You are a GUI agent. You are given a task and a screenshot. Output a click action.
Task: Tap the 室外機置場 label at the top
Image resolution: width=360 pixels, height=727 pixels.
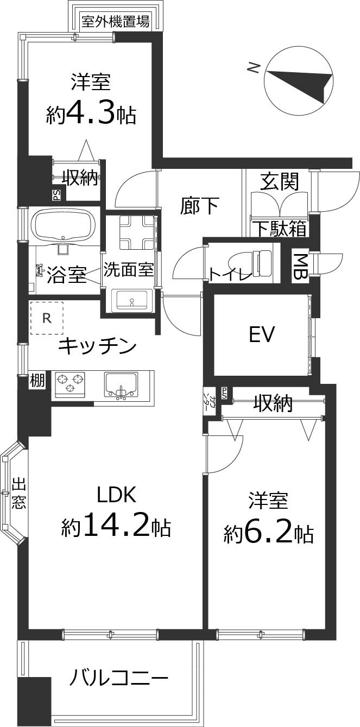[115, 22]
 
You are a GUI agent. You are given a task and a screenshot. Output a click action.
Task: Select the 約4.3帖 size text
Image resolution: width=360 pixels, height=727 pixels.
[91, 114]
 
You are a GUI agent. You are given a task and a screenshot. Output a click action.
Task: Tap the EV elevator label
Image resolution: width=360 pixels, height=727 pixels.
[262, 334]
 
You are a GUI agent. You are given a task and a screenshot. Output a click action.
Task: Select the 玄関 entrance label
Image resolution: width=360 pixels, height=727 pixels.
[279, 181]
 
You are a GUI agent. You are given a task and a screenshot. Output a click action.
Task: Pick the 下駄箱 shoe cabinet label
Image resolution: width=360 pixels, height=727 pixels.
[280, 229]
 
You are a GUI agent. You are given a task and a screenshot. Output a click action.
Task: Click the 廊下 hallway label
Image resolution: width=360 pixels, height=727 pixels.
[199, 206]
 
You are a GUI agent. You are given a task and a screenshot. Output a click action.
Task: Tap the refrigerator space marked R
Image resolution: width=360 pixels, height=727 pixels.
[47, 318]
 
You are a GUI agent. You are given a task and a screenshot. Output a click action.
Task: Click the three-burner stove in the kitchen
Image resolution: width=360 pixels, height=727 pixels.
[69, 382]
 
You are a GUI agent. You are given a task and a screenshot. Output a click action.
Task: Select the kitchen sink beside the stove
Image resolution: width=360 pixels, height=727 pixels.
[121, 384]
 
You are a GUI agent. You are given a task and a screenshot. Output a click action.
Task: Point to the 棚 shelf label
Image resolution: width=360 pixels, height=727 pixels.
[37, 381]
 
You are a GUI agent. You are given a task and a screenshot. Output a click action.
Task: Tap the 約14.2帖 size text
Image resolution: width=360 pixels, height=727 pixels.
[116, 526]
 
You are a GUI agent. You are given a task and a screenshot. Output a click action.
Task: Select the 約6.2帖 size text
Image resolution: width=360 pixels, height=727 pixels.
[268, 534]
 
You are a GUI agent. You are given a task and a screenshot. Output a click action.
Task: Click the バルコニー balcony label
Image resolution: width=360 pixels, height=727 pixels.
[119, 678]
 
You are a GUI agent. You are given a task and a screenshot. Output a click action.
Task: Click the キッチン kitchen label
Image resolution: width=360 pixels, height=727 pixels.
[97, 345]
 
